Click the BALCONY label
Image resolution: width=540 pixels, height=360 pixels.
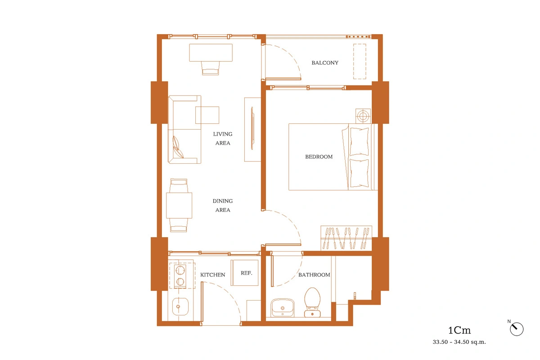[x=325, y=63]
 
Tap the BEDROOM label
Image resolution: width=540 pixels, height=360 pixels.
[x=319, y=157]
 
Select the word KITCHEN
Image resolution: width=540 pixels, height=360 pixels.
[x=212, y=274]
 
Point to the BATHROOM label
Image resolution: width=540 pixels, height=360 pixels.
[x=314, y=274]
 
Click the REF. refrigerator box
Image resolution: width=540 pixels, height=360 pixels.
[x=244, y=273]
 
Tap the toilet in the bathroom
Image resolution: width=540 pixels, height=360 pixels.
[x=312, y=302]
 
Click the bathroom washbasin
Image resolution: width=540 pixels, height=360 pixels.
[x=282, y=308]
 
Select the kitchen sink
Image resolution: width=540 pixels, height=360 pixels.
[x=180, y=306]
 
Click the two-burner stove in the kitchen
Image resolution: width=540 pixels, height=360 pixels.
[x=180, y=276]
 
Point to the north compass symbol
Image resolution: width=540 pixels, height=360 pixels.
[x=517, y=329]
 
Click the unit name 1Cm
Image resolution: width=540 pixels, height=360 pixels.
[x=459, y=330]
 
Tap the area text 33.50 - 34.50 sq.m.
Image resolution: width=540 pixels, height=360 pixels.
[x=459, y=342]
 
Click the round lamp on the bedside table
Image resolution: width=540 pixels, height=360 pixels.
[x=363, y=116]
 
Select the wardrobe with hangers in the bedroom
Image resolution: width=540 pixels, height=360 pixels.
[x=346, y=238]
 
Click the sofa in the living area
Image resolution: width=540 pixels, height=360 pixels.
[x=184, y=130]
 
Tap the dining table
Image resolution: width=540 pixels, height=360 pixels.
[x=179, y=206]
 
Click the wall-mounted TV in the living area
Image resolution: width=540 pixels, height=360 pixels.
[x=252, y=128]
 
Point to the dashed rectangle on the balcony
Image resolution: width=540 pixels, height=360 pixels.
[x=360, y=62]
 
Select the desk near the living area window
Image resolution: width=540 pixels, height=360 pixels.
[x=211, y=53]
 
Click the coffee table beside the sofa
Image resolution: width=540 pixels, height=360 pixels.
[x=207, y=115]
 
